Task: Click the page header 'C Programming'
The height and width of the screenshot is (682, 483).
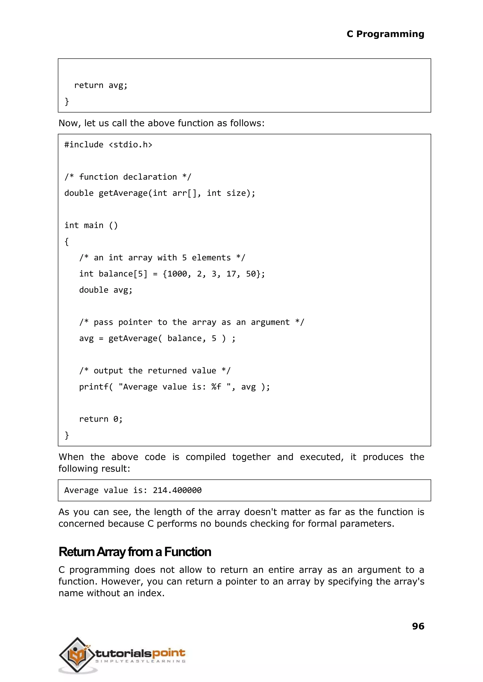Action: point(385,34)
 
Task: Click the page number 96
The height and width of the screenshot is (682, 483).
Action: point(418,626)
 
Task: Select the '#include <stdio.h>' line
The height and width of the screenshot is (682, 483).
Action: point(108,145)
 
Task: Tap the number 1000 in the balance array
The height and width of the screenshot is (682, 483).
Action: point(177,274)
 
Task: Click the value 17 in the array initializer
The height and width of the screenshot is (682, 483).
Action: point(231,274)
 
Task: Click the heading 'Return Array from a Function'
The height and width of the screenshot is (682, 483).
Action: point(135,552)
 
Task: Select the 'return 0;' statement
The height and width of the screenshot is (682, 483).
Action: point(101,419)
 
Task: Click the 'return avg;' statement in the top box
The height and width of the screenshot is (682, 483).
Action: point(101,85)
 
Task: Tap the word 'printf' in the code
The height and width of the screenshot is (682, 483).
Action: point(94,387)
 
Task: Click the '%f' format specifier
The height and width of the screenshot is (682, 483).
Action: point(216,387)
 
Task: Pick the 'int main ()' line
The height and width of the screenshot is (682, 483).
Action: point(91,225)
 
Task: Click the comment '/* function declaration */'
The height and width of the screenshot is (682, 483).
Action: point(128,177)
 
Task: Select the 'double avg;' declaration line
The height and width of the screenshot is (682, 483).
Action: point(106,290)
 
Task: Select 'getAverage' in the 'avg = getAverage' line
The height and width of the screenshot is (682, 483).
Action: point(133,338)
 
